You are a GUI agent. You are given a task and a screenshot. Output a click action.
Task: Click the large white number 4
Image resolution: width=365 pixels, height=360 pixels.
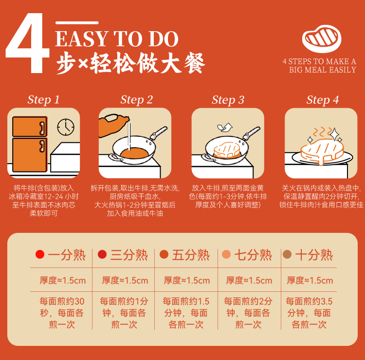(x=27, y=43)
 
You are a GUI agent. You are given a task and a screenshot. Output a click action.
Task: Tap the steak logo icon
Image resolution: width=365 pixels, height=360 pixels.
(x=322, y=38)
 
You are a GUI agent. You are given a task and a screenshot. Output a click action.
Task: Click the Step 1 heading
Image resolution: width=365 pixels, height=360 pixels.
(x=43, y=100)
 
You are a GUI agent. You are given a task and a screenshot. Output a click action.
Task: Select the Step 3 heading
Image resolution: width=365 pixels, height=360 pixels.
(x=228, y=100)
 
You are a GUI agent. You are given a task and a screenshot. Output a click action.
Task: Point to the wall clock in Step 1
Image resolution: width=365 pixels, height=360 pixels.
(x=66, y=127)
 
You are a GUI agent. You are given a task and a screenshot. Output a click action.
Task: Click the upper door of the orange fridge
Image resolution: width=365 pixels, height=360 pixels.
(x=30, y=127)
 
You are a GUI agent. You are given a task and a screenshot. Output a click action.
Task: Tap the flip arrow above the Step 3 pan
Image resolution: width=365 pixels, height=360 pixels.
(x=225, y=127)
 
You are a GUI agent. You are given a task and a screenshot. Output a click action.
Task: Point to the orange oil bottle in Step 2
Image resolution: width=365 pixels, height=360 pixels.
(x=113, y=125)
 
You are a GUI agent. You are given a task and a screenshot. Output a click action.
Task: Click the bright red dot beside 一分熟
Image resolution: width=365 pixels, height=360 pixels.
(x=40, y=254)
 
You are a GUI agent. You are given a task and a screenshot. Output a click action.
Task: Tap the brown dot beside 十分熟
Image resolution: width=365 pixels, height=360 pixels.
(x=287, y=254)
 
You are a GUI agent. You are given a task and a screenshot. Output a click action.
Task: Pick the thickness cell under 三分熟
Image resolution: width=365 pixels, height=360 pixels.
(x=125, y=280)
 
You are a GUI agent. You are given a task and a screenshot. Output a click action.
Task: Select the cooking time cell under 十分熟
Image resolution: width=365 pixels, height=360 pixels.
(x=309, y=313)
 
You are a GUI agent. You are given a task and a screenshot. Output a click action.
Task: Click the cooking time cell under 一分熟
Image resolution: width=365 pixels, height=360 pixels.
(x=62, y=313)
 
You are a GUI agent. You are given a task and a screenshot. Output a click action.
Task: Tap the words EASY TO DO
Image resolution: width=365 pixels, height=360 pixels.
(x=117, y=39)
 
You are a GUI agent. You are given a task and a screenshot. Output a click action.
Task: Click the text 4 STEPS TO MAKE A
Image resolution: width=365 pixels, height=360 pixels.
(x=319, y=61)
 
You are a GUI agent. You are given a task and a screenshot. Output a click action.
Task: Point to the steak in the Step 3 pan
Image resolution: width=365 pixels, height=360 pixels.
(x=226, y=150)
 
